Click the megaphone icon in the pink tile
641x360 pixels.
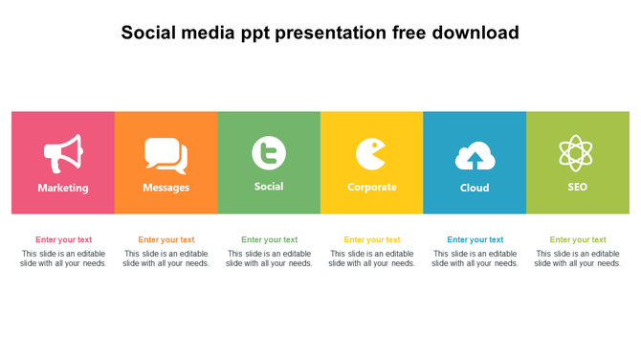click(63, 153)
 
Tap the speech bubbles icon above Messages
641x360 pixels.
click(166, 154)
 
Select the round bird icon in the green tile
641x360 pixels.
click(269, 153)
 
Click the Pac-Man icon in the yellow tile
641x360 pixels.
click(370, 154)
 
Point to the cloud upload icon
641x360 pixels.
click(475, 156)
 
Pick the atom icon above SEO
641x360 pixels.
click(576, 153)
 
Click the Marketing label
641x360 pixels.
click(63, 188)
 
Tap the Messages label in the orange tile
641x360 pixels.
click(166, 188)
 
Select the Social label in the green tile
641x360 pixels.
click(269, 187)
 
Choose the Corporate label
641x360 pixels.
click(371, 188)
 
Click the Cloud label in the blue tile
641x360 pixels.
click(475, 188)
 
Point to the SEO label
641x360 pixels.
click(577, 187)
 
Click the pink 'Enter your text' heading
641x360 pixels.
click(64, 240)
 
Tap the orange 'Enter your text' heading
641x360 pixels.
click(166, 240)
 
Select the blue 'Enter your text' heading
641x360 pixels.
click(475, 240)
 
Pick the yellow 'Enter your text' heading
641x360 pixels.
click(372, 240)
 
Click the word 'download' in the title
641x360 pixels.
click(475, 33)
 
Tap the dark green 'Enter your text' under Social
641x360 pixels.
click(270, 240)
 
